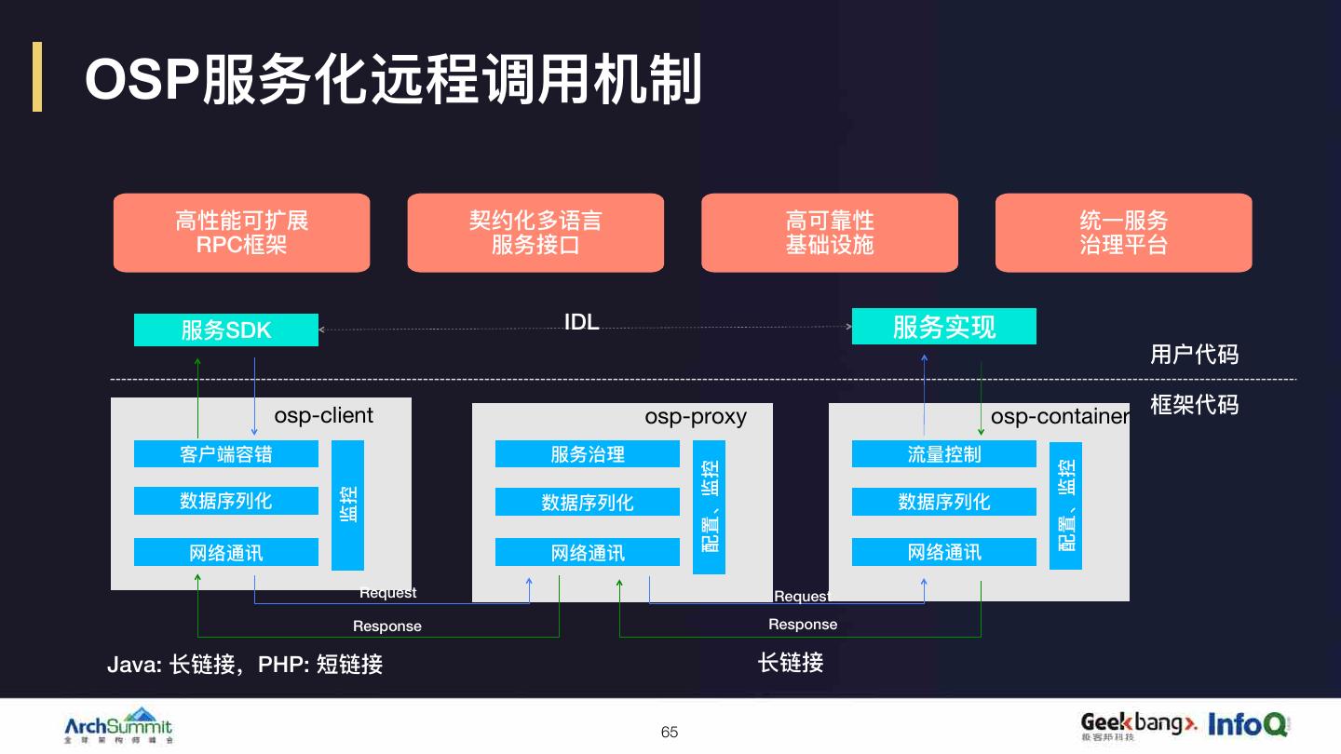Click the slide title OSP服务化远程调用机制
coord(393,79)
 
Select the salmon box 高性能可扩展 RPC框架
coord(241,233)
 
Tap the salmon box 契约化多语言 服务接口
coord(535,233)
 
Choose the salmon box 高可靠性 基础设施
coord(829,233)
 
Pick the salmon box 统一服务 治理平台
coord(1123,233)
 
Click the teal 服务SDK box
coord(226,330)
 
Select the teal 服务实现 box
coord(943,327)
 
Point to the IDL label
coord(582,322)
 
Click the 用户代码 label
coord(1194,355)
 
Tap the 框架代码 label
coord(1194,405)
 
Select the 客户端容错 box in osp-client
coord(226,454)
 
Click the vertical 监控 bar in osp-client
coord(347,505)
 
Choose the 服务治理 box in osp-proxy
coord(587,454)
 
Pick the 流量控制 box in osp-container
coord(943,454)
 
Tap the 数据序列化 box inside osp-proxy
coord(587,503)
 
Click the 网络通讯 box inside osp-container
coord(943,552)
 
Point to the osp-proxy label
coord(696,416)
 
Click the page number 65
coord(670,733)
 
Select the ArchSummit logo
coord(118,726)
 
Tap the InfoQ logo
coord(1248,724)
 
